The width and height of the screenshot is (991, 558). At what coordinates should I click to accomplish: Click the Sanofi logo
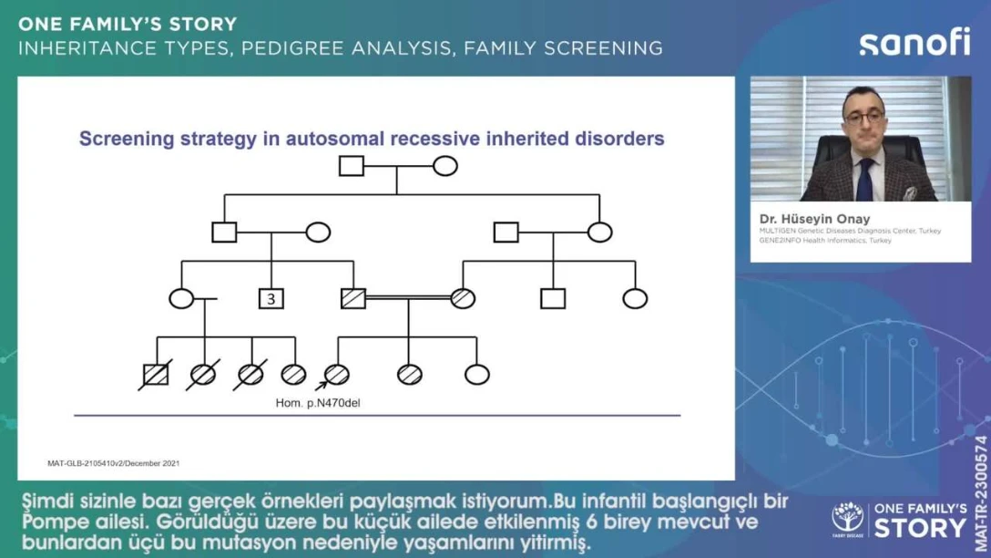(x=914, y=42)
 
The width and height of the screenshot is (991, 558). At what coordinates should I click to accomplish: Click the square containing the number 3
(x=271, y=298)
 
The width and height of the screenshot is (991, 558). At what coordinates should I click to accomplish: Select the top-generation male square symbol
(x=352, y=166)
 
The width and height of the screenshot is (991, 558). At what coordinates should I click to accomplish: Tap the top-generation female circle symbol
(x=444, y=166)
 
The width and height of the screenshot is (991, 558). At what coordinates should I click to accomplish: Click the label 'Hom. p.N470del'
(x=318, y=401)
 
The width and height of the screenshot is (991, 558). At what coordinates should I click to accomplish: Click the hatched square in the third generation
(x=352, y=298)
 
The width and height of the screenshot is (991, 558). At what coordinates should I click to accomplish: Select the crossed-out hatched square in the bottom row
(x=156, y=374)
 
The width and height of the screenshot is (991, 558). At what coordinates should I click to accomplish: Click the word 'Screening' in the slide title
(x=128, y=139)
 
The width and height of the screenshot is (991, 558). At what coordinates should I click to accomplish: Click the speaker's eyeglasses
(x=863, y=116)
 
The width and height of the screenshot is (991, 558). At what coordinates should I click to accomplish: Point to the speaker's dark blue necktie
(x=864, y=179)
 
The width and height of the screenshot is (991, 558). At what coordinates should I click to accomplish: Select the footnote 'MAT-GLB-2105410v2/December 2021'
(x=113, y=463)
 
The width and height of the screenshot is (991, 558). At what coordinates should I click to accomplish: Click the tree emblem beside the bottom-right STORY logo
(x=847, y=518)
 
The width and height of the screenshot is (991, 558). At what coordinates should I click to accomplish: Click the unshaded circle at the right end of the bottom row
(x=476, y=374)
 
